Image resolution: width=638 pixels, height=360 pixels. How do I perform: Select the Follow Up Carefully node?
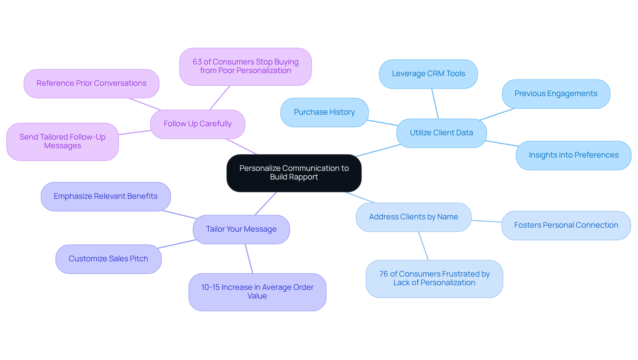[x=197, y=124]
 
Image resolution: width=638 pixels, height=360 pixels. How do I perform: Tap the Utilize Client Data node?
[x=441, y=133]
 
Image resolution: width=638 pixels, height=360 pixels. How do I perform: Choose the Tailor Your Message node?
[x=241, y=229]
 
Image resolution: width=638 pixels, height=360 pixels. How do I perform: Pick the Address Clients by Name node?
[x=413, y=217]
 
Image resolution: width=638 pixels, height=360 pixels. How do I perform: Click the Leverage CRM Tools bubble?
[x=428, y=74]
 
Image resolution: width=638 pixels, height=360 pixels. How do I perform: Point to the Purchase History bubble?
[x=324, y=112]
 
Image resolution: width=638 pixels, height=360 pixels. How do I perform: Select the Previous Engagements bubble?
[x=556, y=94]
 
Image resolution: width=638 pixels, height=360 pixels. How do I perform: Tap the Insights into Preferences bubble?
[x=573, y=155]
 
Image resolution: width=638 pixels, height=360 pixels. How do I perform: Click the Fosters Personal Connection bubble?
[x=566, y=225]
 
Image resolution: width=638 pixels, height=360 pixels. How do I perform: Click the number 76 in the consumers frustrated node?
[x=383, y=274]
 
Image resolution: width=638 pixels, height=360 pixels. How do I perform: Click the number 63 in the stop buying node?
[x=197, y=62]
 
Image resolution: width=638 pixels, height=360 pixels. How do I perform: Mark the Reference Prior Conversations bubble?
[x=91, y=83]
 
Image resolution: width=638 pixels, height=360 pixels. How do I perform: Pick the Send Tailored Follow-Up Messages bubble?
[x=62, y=142]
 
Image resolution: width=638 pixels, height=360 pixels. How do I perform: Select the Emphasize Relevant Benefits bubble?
[x=105, y=196]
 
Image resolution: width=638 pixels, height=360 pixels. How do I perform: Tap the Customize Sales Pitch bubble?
[x=108, y=259]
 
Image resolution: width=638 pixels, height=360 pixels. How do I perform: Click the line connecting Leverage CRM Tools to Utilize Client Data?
[x=435, y=104]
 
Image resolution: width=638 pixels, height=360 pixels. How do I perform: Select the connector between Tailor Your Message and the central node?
[x=266, y=203]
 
